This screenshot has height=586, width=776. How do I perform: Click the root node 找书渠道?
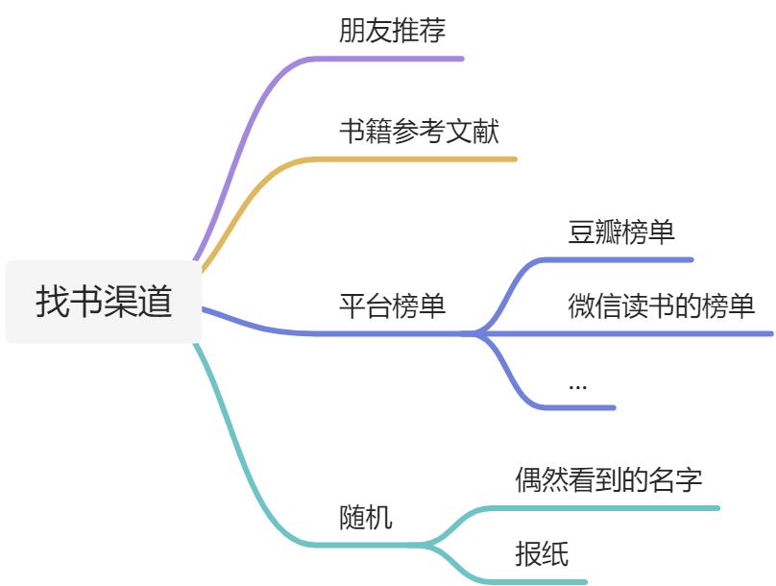pos(104,302)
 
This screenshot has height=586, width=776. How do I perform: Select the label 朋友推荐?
pos(392,31)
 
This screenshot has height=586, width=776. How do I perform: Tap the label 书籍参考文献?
pos(419,131)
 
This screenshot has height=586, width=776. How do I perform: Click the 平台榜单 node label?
pos(392,306)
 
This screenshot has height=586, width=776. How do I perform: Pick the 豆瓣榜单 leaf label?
pos(621,232)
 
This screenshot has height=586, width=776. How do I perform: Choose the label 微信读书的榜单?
pos(661,306)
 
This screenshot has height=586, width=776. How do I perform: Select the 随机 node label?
pos(366,518)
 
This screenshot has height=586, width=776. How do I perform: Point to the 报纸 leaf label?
pos(542,553)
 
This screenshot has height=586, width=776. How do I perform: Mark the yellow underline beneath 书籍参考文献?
pos(423,159)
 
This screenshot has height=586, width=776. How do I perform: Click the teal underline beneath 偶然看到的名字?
pos(615,507)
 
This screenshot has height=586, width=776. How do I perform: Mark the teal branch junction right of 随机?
pos(428,545)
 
